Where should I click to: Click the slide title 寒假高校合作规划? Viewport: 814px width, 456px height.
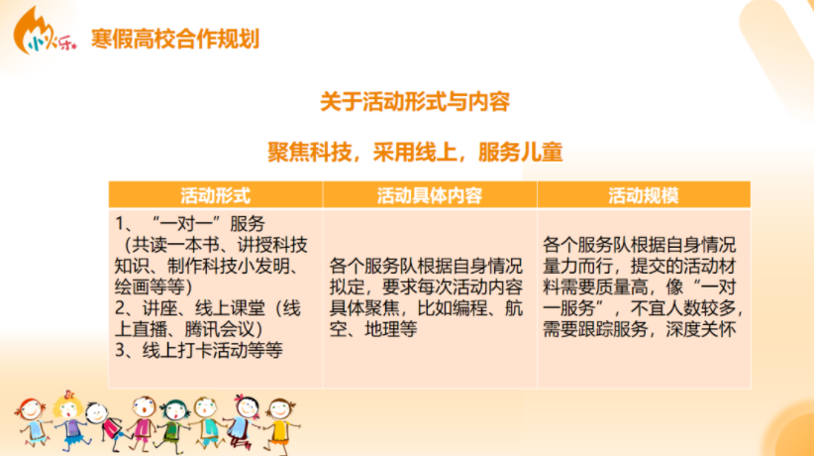[175, 39]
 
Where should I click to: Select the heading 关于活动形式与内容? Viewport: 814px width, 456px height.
[415, 101]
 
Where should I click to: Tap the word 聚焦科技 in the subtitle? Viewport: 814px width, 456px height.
[309, 153]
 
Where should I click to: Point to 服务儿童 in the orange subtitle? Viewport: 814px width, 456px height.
[520, 153]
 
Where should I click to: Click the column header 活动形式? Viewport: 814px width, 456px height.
[216, 195]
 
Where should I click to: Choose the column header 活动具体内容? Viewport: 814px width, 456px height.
[430, 195]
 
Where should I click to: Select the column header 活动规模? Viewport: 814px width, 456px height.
[644, 195]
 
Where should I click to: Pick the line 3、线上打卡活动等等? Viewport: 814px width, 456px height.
[199, 351]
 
